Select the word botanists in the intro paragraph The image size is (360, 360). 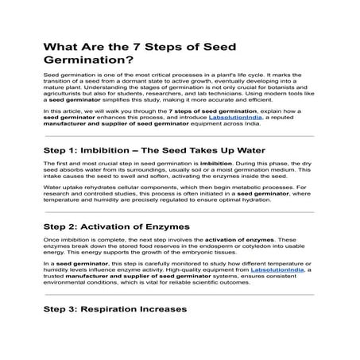point(288,89)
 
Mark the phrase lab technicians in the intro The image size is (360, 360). point(234,95)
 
